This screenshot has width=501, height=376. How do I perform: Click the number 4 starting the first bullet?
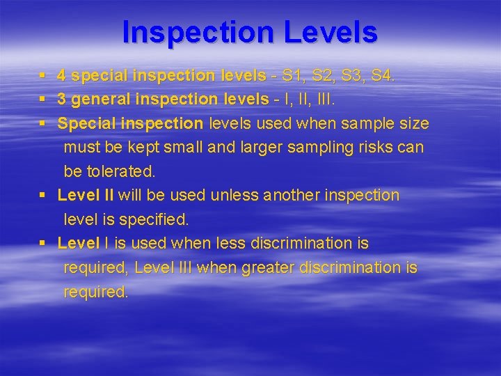62,75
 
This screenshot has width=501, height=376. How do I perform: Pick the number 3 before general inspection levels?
62,99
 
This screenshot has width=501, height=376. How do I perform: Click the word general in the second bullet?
98,99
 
